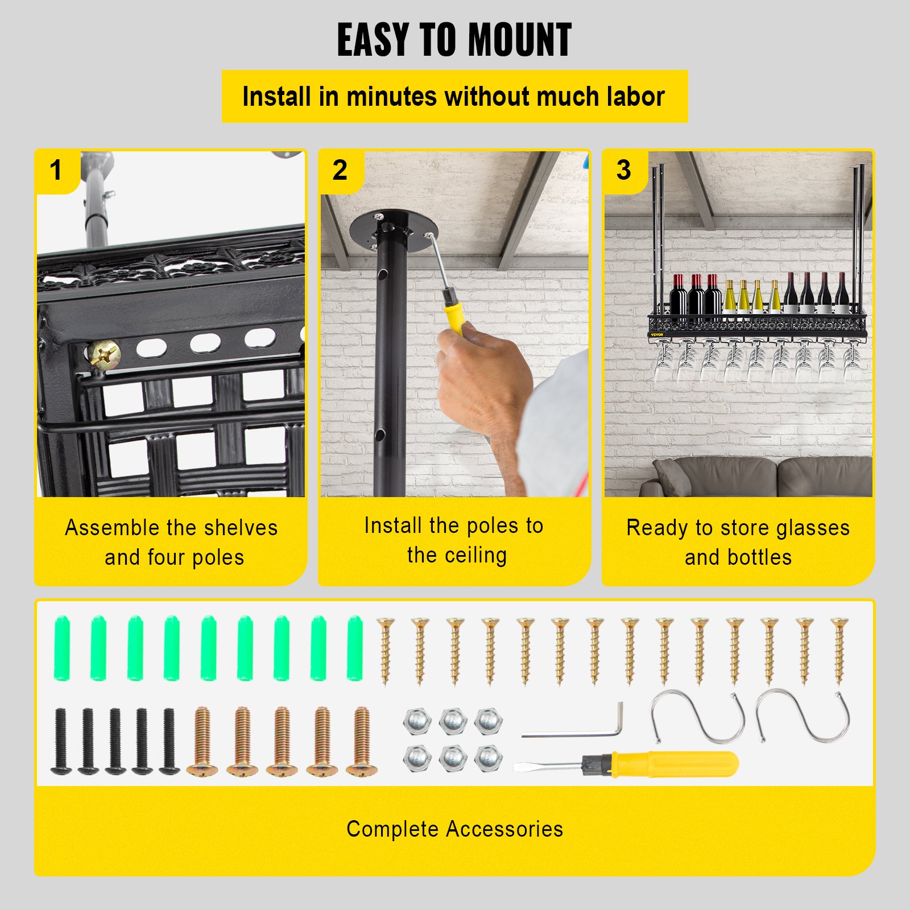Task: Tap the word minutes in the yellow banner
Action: pos(393,97)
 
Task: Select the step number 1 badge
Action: pos(55,170)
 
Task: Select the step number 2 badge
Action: pos(340,170)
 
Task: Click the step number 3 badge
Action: pos(623,170)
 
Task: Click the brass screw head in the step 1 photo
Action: pos(104,355)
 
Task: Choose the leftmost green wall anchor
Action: pos(61,648)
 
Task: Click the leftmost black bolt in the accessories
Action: pos(61,741)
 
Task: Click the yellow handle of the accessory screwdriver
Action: pos(674,764)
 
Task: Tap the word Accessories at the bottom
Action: pos(504,829)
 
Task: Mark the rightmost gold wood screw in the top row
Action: pos(839,651)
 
